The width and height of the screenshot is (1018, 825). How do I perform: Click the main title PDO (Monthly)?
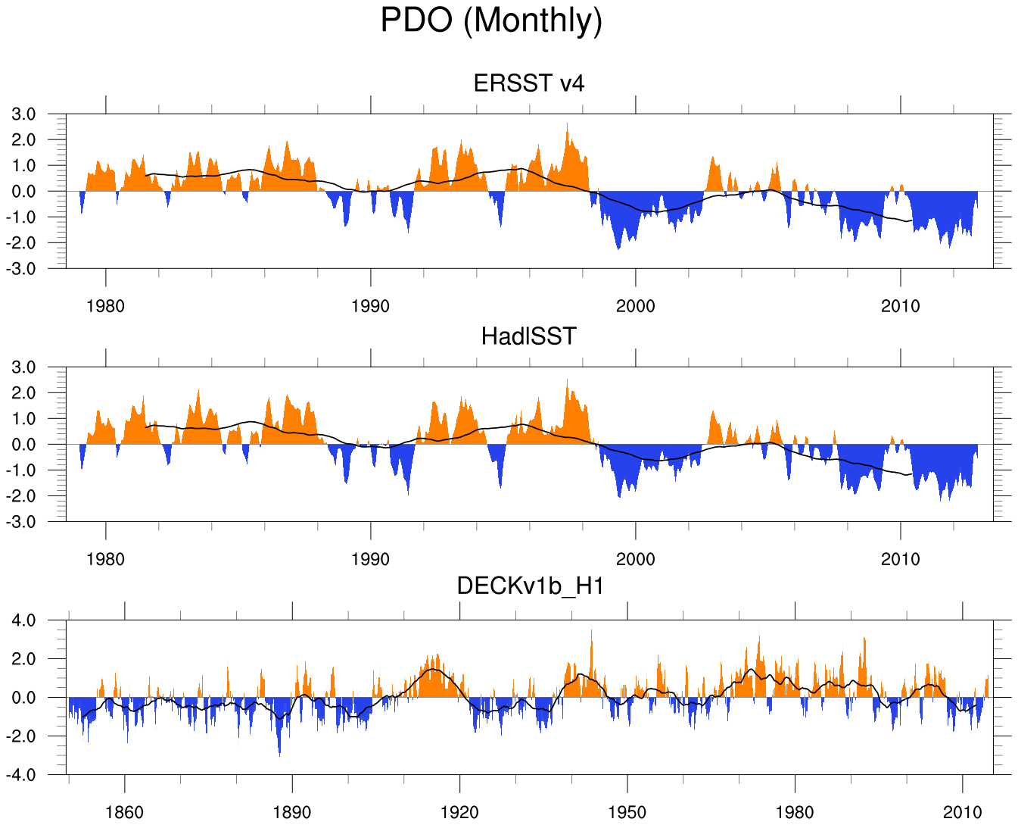[491, 20]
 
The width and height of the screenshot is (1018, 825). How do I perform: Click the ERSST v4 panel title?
[529, 83]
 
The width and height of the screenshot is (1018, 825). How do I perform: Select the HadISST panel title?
[529, 336]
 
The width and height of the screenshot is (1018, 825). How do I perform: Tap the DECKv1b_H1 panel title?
[530, 586]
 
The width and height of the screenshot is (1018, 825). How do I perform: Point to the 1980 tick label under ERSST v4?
[106, 306]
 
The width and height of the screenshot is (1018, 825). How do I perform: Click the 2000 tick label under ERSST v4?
[636, 306]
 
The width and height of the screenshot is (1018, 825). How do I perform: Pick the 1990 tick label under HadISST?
[371, 559]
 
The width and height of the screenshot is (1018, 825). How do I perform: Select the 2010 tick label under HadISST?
[901, 559]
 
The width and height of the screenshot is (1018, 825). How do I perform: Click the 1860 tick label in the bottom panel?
[124, 813]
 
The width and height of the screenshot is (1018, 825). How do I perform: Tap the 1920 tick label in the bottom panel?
[459, 813]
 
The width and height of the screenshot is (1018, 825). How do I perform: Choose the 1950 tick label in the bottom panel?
[627, 813]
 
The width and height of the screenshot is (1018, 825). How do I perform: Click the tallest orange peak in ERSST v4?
[567, 126]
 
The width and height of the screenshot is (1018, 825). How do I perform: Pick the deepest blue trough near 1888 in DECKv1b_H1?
[279, 754]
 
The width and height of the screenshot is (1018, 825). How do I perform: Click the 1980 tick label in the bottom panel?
[795, 813]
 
